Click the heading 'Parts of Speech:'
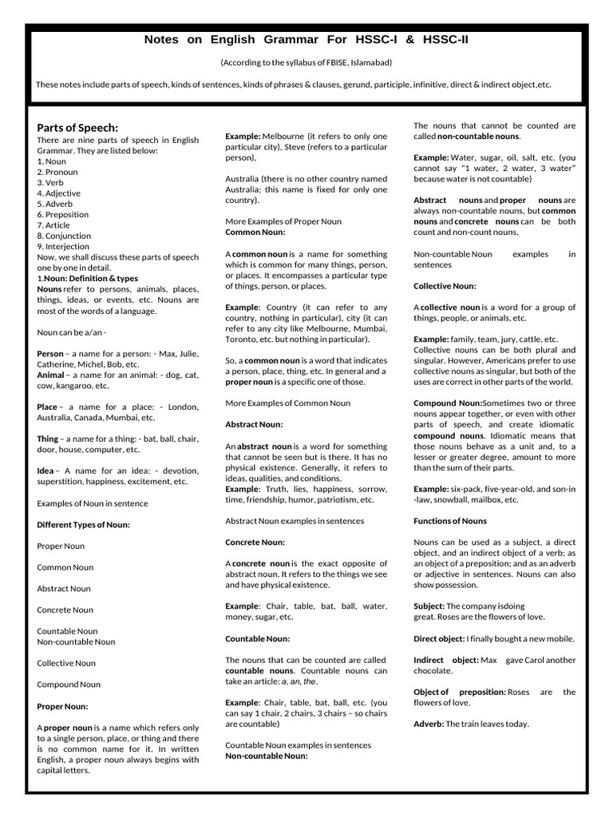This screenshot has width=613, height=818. pyautogui.click(x=77, y=128)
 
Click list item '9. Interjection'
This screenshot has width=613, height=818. pyautogui.click(x=63, y=247)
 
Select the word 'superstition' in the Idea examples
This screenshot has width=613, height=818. pyautogui.click(x=63, y=482)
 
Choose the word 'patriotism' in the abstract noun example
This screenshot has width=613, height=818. pyautogui.click(x=331, y=499)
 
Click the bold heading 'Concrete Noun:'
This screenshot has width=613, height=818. pyautogui.click(x=255, y=542)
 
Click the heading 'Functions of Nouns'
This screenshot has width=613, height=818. pyautogui.click(x=449, y=521)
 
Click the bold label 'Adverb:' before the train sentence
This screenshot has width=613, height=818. pyautogui.click(x=429, y=724)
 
